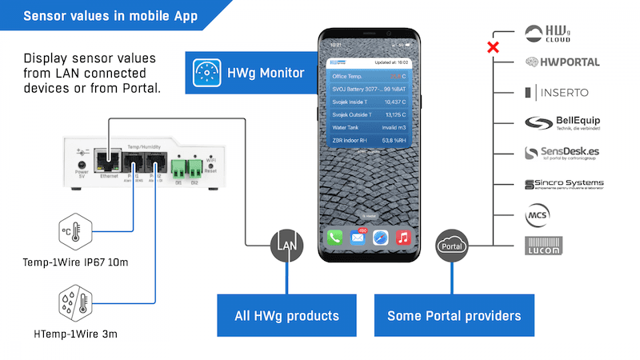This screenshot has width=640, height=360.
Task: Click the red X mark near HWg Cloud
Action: [x=494, y=47]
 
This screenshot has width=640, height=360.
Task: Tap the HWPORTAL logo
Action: [x=562, y=62]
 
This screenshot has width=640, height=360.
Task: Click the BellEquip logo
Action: [x=562, y=122]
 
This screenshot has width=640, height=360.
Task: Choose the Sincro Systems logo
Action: [x=563, y=184]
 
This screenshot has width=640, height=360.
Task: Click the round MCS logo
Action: [x=537, y=216]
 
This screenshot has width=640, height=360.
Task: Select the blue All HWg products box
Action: [x=286, y=315]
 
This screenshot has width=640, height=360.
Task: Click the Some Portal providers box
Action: [x=454, y=315]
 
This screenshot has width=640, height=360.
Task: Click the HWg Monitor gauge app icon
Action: [x=205, y=73]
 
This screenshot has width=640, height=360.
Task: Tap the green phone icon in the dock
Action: [x=334, y=238]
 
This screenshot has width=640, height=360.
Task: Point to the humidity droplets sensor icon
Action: [x=71, y=304]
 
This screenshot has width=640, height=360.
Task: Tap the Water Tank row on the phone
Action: [x=369, y=126]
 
